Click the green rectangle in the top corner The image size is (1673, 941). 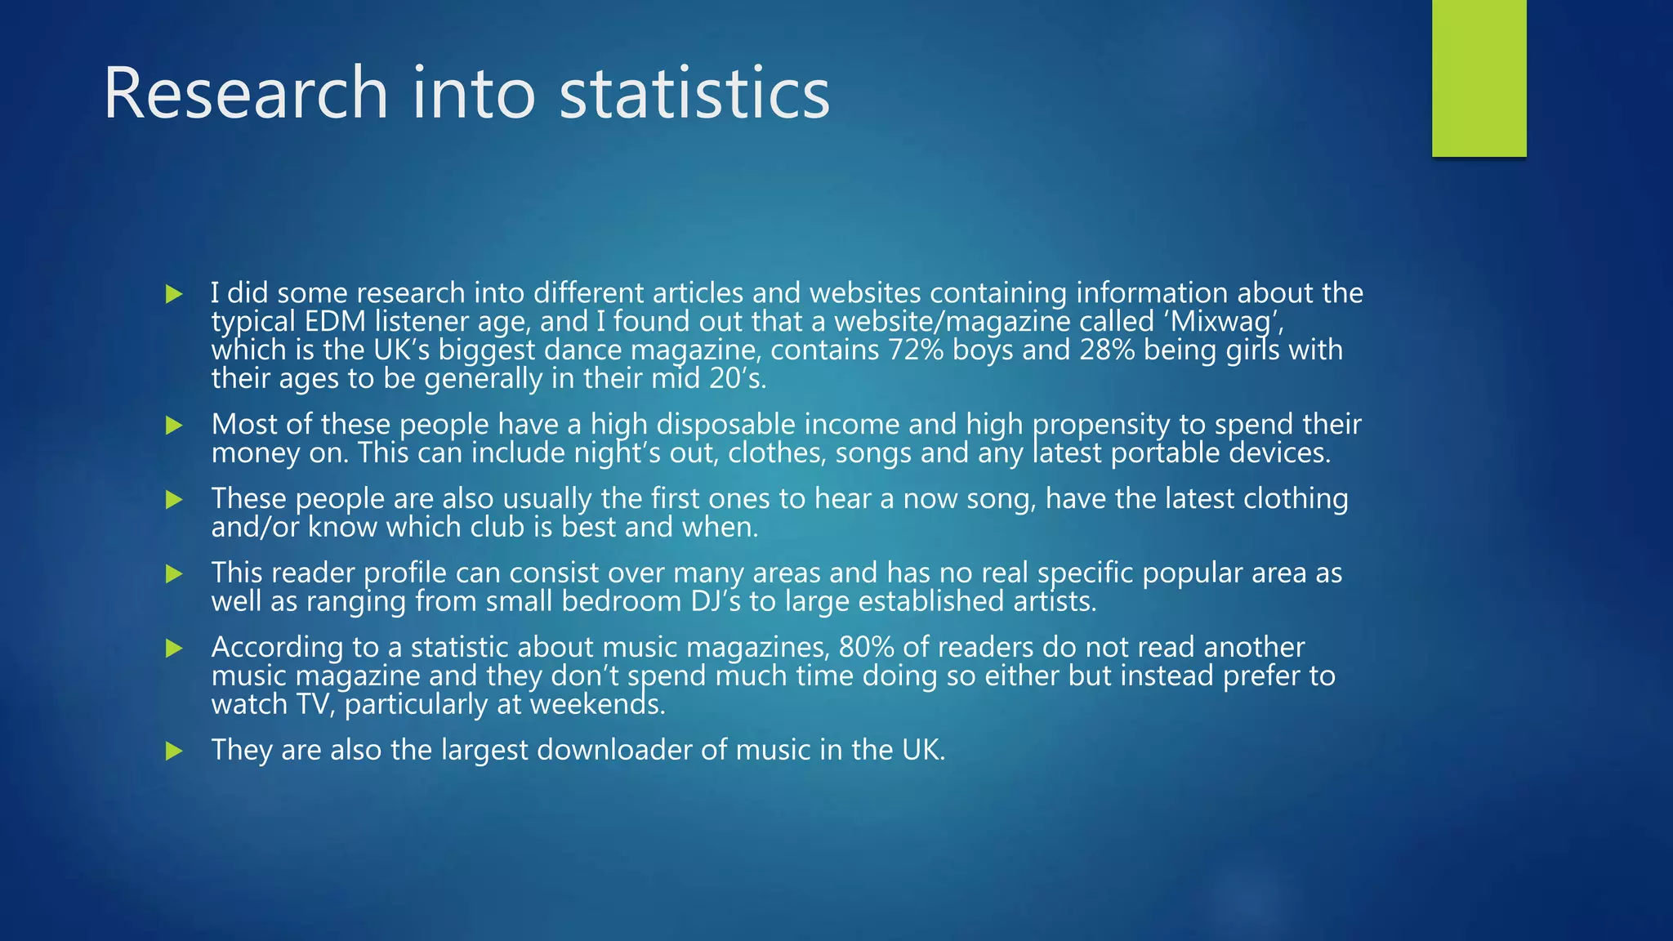click(x=1479, y=78)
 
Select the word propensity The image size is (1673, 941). click(x=1101, y=425)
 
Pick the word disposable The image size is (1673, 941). click(x=725, y=424)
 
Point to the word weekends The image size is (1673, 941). click(x=597, y=704)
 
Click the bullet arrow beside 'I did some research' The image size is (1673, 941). click(x=174, y=294)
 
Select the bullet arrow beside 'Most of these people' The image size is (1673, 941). click(x=174, y=425)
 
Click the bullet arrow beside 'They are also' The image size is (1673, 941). click(x=174, y=751)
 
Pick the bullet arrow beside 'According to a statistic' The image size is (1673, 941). click(x=174, y=649)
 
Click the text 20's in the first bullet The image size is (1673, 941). click(x=737, y=378)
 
